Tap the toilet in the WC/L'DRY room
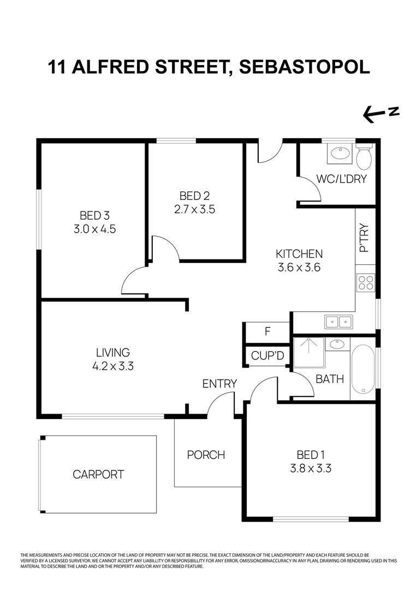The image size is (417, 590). pyautogui.click(x=364, y=156)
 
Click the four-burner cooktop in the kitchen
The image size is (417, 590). pyautogui.click(x=365, y=282)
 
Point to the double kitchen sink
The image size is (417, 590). pyautogui.click(x=339, y=322)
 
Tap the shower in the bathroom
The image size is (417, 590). pyautogui.click(x=309, y=352)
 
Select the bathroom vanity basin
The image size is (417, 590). pyautogui.click(x=337, y=345)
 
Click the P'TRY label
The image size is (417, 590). pyautogui.click(x=364, y=238)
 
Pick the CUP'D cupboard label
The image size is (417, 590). pyautogui.click(x=267, y=356)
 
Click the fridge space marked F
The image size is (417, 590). pyautogui.click(x=267, y=332)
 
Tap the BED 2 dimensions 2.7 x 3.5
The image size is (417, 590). pyautogui.click(x=194, y=209)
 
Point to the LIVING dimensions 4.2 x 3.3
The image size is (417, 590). pyautogui.click(x=114, y=366)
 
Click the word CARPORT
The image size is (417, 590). pyautogui.click(x=98, y=474)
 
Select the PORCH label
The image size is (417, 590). pyautogui.click(x=206, y=455)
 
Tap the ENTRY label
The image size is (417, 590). pyautogui.click(x=219, y=383)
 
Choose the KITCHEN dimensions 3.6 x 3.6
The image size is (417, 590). pyautogui.click(x=299, y=268)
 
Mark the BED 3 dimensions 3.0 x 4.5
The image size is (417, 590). pyautogui.click(x=94, y=229)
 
